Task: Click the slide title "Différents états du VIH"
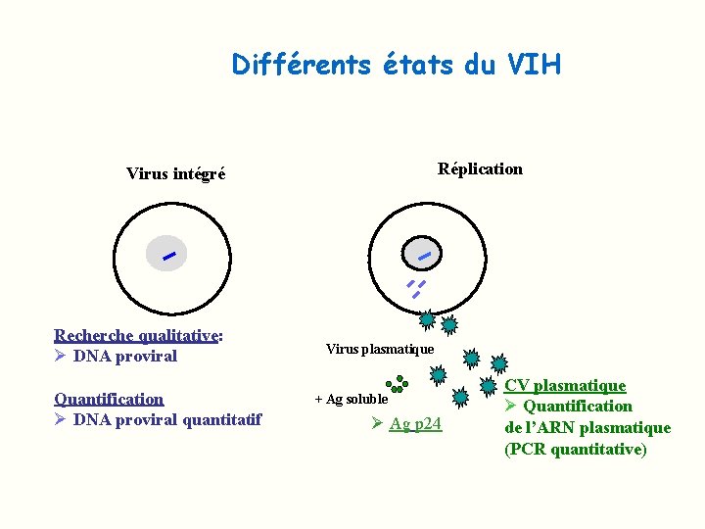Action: click(x=397, y=65)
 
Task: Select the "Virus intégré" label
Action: click(x=175, y=174)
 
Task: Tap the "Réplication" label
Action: click(x=480, y=168)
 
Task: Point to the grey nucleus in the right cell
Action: click(x=424, y=255)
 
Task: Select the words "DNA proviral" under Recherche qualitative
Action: click(x=124, y=357)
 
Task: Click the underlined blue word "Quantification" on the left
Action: click(x=109, y=399)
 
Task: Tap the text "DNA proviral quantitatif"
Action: click(x=167, y=420)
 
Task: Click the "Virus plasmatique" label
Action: click(x=379, y=349)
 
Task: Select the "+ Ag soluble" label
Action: click(x=351, y=400)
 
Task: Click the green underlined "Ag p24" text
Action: click(x=415, y=424)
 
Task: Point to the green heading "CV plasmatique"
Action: click(x=564, y=386)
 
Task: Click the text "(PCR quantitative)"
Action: click(x=575, y=450)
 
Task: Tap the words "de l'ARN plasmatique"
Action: click(x=587, y=428)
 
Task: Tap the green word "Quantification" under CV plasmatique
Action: click(x=578, y=407)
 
